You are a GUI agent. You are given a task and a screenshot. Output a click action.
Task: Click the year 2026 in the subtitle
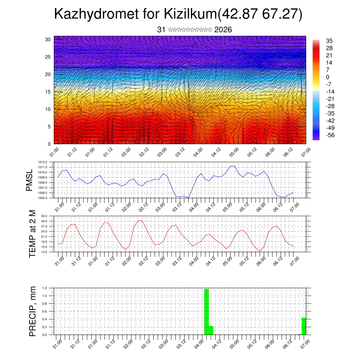223,30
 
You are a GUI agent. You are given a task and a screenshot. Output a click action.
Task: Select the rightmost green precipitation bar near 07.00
303,326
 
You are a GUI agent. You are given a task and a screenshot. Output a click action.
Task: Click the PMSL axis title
29,180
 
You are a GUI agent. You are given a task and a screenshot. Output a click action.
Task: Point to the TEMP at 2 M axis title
32,234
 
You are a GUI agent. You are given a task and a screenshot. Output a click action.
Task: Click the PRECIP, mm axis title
32,311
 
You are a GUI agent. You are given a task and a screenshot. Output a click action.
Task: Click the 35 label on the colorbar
329,41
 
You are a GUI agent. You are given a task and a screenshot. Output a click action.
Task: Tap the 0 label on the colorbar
328,77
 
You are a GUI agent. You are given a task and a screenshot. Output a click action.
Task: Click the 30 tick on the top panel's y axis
48,39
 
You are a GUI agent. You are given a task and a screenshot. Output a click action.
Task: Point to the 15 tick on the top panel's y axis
48,92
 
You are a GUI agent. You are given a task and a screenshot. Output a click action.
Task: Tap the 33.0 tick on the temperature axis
44,216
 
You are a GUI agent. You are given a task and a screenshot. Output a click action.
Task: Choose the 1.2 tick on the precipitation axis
45,288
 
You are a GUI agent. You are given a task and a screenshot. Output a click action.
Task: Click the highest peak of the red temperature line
140,220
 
